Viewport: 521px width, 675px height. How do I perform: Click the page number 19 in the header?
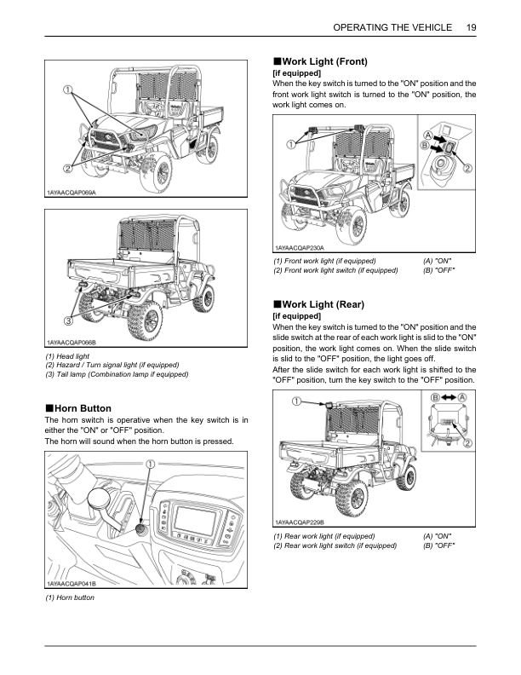471,27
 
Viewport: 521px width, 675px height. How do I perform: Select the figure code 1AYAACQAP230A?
300,246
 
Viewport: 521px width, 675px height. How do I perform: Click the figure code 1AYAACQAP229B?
300,522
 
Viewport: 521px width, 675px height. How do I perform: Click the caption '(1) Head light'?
66,355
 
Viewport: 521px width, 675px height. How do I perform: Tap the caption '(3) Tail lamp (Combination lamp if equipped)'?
116,375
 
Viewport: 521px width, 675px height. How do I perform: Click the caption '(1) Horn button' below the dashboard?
70,598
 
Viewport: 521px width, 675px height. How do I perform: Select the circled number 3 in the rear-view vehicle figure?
67,321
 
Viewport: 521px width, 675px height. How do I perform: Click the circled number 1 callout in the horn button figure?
150,464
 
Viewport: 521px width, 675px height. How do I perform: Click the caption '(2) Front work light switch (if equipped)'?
335,270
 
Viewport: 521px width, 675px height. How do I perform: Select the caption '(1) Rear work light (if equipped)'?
323,536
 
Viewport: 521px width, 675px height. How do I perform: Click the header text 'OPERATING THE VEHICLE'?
392,27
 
